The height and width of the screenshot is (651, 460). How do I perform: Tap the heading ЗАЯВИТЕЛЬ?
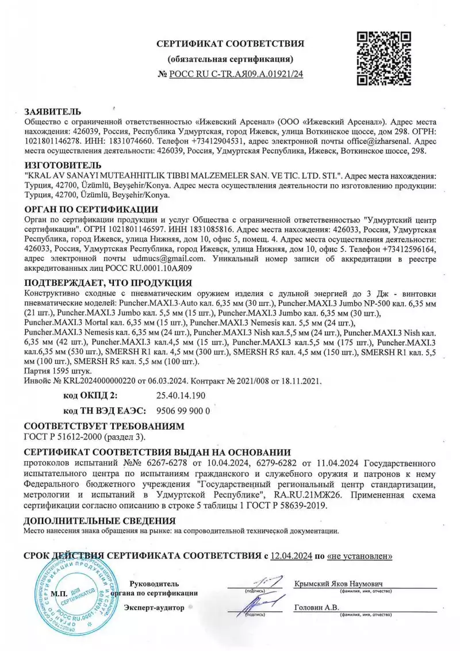point(53,112)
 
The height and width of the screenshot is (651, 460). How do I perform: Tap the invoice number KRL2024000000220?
point(94,381)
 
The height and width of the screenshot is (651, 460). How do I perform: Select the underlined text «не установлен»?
point(360,556)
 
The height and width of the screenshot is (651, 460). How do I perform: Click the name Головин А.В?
point(316,607)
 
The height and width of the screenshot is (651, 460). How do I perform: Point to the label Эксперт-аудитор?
point(154,607)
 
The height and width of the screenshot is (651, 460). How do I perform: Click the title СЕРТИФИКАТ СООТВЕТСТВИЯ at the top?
point(230,44)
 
